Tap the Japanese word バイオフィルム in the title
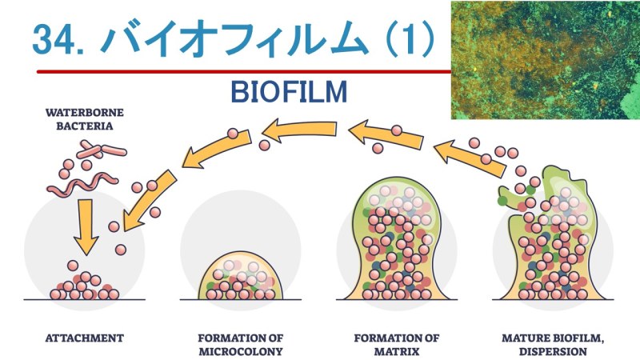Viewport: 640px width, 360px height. pyautogui.click(x=234, y=38)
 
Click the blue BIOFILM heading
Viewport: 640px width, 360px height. pyautogui.click(x=289, y=91)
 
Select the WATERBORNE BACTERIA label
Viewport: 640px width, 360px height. pyautogui.click(x=85, y=119)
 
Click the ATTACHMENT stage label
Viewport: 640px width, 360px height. pyautogui.click(x=85, y=338)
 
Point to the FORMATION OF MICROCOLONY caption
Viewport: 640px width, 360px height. pyautogui.click(x=241, y=345)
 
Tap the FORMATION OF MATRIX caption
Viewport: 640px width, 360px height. pyautogui.click(x=397, y=345)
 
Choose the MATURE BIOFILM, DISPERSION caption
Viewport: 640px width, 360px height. pyautogui.click(x=553, y=345)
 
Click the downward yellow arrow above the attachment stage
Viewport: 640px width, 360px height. pyautogui.click(x=86, y=227)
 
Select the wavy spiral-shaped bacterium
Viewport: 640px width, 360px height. pyautogui.click(x=82, y=184)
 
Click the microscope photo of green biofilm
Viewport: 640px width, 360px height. pyautogui.click(x=546, y=60)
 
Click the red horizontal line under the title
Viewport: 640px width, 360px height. pyautogui.click(x=244, y=72)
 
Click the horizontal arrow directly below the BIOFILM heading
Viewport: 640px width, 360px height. pyautogui.click(x=299, y=130)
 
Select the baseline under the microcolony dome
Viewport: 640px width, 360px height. pyautogui.click(x=241, y=300)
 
